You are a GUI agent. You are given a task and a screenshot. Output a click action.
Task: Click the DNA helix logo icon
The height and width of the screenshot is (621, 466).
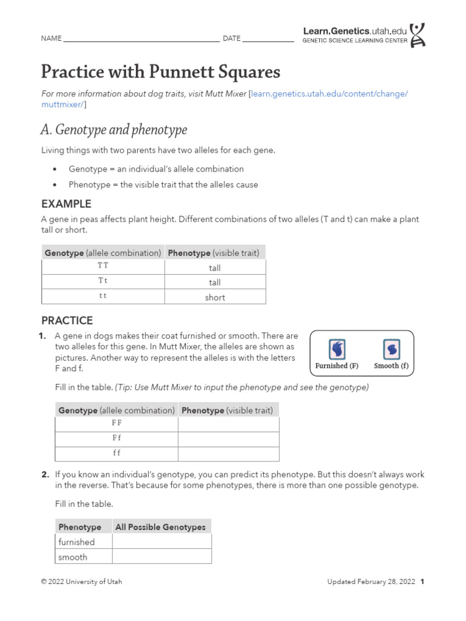(x=417, y=35)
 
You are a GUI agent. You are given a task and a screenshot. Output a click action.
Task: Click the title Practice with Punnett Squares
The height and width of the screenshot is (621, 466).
(x=161, y=72)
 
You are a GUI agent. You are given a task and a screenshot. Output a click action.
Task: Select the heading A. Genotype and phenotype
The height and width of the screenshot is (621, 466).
(x=114, y=130)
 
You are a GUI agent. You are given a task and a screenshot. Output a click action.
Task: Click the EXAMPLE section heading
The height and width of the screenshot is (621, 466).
(x=66, y=204)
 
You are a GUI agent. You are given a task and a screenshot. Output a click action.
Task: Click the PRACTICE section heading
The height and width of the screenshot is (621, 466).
(x=67, y=320)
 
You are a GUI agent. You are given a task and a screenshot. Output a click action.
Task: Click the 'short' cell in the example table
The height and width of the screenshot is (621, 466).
(x=215, y=297)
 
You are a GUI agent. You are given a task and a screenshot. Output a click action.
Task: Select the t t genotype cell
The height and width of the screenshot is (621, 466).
(x=103, y=297)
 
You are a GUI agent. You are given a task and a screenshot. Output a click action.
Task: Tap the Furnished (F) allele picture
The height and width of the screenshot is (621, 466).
(x=337, y=350)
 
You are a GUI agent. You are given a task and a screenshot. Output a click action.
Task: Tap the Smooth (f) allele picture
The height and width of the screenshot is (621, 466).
(x=391, y=350)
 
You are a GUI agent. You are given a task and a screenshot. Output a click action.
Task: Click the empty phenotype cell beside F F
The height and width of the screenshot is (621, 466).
(x=228, y=425)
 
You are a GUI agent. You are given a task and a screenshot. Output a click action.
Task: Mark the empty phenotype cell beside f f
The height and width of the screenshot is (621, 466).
(x=228, y=454)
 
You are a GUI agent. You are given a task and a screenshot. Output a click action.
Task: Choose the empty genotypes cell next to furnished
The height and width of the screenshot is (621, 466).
(x=161, y=542)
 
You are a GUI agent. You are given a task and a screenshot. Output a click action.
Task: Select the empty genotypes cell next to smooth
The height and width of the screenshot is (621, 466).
(x=161, y=557)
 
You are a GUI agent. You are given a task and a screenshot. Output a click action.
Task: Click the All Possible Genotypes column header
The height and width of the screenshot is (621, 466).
(x=161, y=527)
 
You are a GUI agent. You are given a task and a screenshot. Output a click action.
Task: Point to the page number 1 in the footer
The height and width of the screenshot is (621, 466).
(x=422, y=582)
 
